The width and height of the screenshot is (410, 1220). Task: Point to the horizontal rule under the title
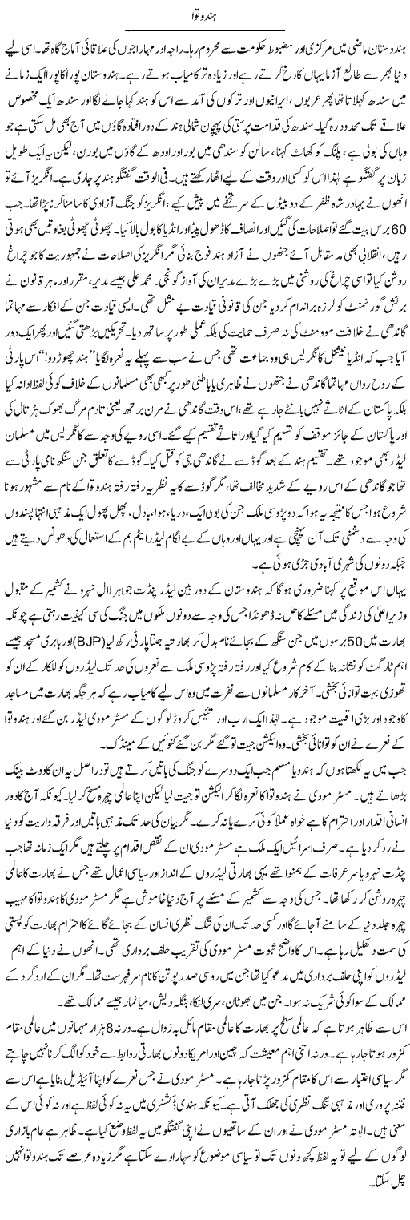coord(204,31)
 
